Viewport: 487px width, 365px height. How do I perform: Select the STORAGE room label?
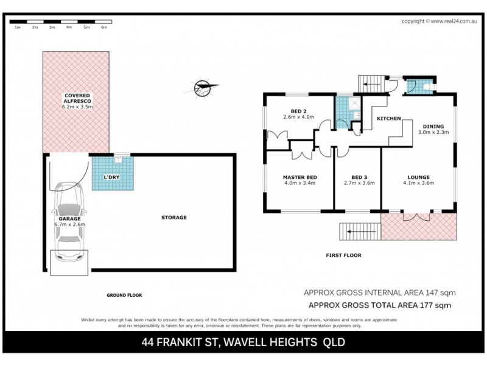pyautogui.click(x=173, y=217)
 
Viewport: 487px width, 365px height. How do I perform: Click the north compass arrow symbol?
pyautogui.click(x=205, y=88)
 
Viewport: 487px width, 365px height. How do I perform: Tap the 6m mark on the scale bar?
pyautogui.click(x=103, y=27)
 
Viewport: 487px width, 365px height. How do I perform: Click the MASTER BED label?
pyautogui.click(x=299, y=177)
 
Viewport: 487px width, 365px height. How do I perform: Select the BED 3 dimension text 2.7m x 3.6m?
pyautogui.click(x=357, y=183)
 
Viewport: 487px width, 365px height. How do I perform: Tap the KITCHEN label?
pyautogui.click(x=389, y=118)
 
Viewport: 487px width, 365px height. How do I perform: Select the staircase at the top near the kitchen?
pyautogui.click(x=369, y=85)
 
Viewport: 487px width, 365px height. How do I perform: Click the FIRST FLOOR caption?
pyautogui.click(x=344, y=255)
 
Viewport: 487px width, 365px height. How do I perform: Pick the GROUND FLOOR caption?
pyautogui.click(x=124, y=295)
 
